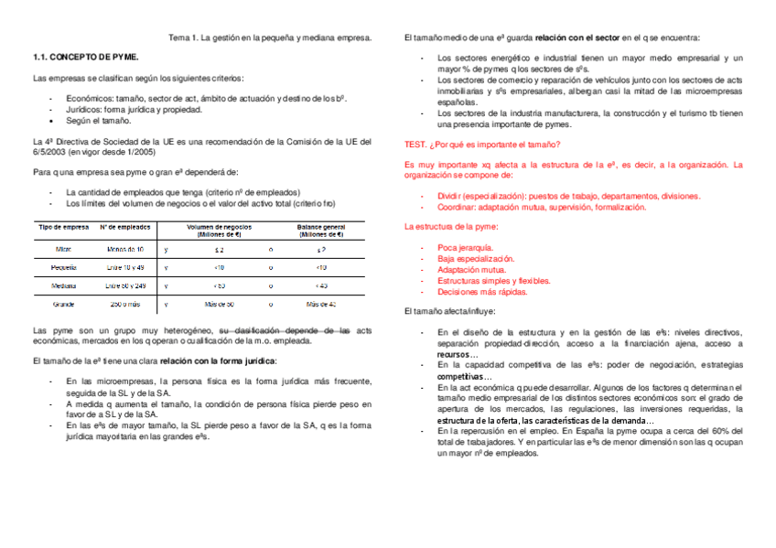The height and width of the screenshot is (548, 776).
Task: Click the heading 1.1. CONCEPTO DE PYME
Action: click(85, 57)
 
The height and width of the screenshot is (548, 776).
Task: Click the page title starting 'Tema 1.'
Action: click(270, 38)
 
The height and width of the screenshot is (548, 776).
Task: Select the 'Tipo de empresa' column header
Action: click(63, 226)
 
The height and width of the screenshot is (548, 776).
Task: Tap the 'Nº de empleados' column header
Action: click(125, 226)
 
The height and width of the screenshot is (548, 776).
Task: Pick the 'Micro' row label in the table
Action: click(63, 249)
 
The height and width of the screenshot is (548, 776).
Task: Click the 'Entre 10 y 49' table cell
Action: click(125, 267)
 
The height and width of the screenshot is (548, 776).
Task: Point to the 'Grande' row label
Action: click(63, 303)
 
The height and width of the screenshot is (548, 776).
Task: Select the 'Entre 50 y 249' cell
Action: click(125, 285)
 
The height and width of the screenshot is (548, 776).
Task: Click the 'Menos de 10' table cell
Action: click(125, 249)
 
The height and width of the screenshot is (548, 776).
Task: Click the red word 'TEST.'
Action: click(415, 145)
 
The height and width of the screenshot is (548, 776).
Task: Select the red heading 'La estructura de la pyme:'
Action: click(450, 226)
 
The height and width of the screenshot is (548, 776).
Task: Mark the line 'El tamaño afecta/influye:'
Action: click(449, 312)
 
